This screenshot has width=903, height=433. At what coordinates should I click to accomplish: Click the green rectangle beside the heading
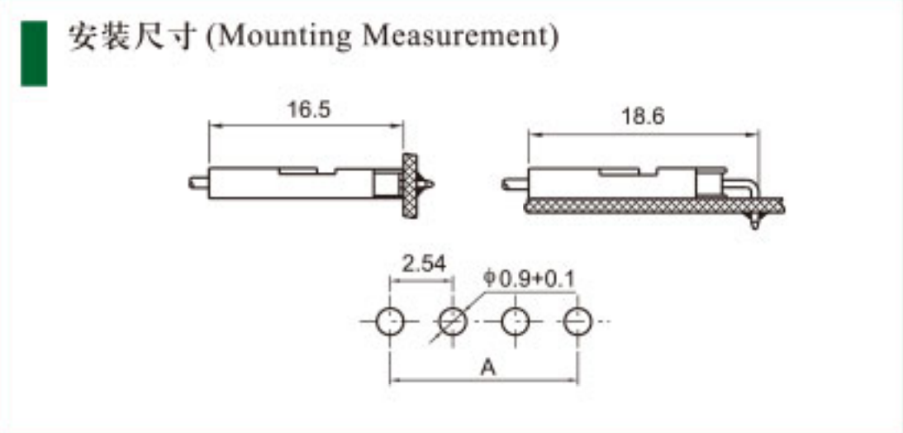34,54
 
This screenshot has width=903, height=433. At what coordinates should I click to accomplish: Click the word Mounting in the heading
284,37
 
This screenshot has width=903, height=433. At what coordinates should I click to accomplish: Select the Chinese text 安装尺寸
133,36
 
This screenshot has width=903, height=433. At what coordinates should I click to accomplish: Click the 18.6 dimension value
643,117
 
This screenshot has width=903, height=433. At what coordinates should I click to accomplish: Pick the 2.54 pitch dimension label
424,264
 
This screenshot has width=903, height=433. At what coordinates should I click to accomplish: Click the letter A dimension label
488,367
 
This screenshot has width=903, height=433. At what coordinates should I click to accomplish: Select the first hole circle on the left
390,321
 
